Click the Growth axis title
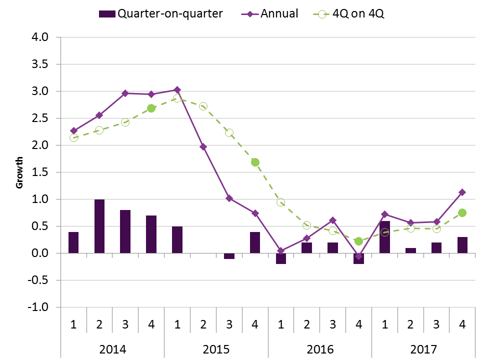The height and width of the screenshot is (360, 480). [x=20, y=172]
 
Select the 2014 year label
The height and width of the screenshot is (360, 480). [x=112, y=348]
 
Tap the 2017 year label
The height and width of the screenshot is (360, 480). [x=423, y=348]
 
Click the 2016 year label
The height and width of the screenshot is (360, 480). [x=319, y=348]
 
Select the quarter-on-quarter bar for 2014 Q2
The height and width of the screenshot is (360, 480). [x=99, y=226]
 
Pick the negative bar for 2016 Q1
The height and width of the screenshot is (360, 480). [x=281, y=258]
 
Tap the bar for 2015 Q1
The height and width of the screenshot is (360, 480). [x=177, y=239]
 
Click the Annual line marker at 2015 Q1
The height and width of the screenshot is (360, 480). [x=177, y=90]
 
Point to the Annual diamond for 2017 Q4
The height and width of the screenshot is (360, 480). [x=462, y=192]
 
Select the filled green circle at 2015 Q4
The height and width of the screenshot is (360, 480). [x=255, y=162]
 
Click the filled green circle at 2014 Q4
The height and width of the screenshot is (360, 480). [x=151, y=108]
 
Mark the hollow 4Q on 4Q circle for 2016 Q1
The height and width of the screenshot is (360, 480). [x=281, y=202]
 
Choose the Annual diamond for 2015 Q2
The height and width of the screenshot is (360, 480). [x=203, y=146]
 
